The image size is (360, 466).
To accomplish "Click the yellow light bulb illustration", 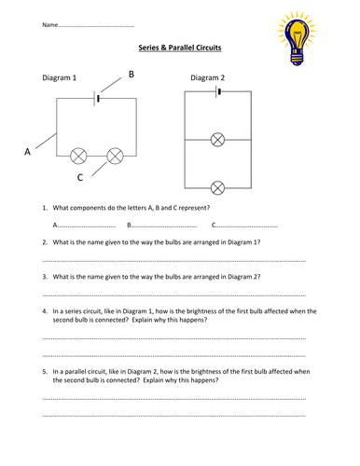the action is pyautogui.click(x=297, y=38).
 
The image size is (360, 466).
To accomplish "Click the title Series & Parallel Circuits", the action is pyautogui.click(x=180, y=48).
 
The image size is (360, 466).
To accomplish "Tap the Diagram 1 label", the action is pyautogui.click(x=60, y=77).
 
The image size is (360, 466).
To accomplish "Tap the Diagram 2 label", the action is pyautogui.click(x=207, y=77).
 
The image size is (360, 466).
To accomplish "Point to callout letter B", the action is pyautogui.click(x=132, y=75).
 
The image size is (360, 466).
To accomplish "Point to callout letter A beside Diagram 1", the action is pyautogui.click(x=27, y=152).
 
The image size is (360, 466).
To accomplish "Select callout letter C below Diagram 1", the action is pyautogui.click(x=80, y=177).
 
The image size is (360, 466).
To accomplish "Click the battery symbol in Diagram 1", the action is pyautogui.click(x=96, y=99).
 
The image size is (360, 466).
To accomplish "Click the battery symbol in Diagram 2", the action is pyautogui.click(x=218, y=91).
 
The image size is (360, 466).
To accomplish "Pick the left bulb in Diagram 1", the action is pyautogui.click(x=78, y=156).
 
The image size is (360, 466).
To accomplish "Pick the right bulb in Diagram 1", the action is pyautogui.click(x=115, y=156).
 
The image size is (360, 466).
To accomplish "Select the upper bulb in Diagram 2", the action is pyautogui.click(x=217, y=140).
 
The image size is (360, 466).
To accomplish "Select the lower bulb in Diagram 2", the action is pyautogui.click(x=217, y=188).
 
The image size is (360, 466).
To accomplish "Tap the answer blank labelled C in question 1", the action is pyautogui.click(x=244, y=225).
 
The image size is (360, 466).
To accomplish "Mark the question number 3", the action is pyautogui.click(x=45, y=277).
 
